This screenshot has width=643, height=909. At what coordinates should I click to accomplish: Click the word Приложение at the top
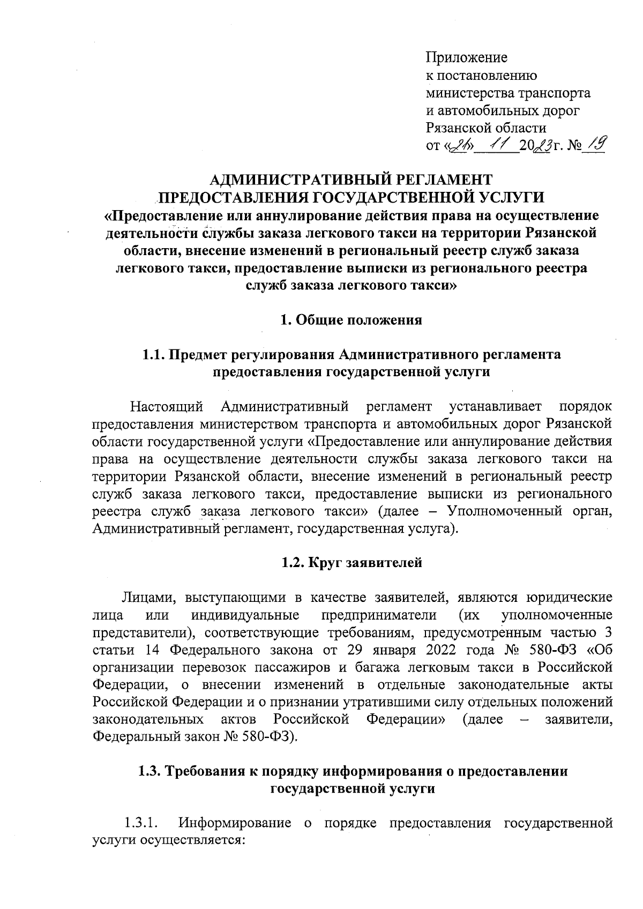[466, 57]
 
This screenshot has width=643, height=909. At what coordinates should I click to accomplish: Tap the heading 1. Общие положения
[352, 321]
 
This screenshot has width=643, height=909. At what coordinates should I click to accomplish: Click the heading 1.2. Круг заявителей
[352, 563]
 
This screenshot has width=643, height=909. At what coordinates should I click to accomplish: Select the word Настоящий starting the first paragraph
[167, 406]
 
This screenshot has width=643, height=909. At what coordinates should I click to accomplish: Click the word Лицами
[143, 597]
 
